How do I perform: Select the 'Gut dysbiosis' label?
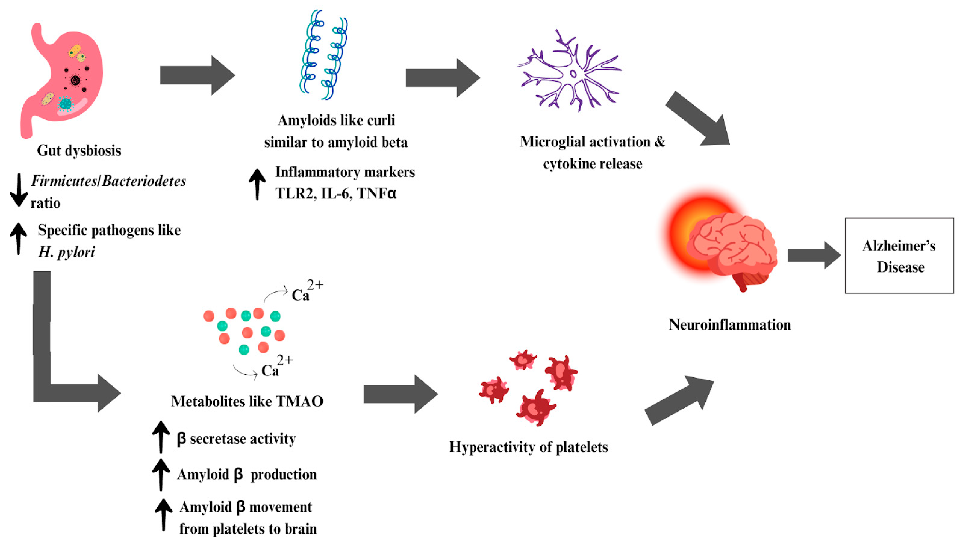click(x=79, y=151)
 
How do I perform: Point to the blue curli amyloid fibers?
click(x=324, y=54)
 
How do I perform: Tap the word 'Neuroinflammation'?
click(x=729, y=324)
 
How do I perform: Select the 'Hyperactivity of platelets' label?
click(x=528, y=447)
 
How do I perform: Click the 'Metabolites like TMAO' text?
click(x=247, y=401)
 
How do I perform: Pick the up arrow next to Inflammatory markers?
click(x=257, y=184)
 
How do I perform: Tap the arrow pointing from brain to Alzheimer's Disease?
click(x=813, y=255)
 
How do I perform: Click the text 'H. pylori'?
click(x=67, y=252)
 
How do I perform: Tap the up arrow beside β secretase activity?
click(x=161, y=437)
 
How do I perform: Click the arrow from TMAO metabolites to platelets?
click(x=400, y=394)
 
